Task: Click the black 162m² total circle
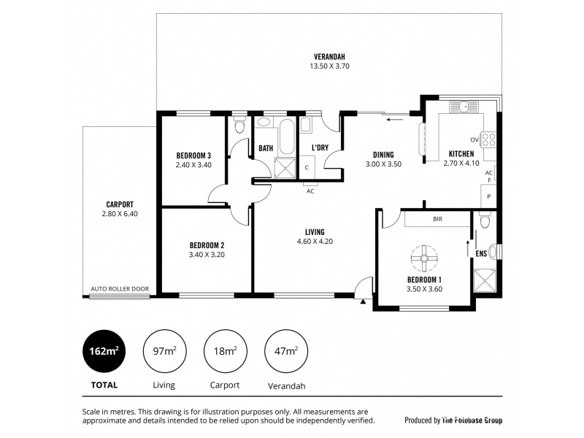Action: pyautogui.click(x=102, y=352)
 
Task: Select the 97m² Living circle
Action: pyautogui.click(x=164, y=352)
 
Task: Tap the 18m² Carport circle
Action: pyautogui.click(x=225, y=352)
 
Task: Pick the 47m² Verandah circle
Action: pyautogui.click(x=285, y=352)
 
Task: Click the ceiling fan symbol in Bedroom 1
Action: pyautogui.click(x=423, y=257)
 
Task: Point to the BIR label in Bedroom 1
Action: pyautogui.click(x=437, y=219)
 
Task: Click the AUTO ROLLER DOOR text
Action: pyautogui.click(x=120, y=289)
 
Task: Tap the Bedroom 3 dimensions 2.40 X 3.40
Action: pyautogui.click(x=193, y=165)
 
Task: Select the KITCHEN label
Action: pyautogui.click(x=461, y=154)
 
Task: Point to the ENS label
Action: pyautogui.click(x=481, y=254)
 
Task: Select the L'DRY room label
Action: pyautogui.click(x=320, y=148)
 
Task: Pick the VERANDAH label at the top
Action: pyautogui.click(x=328, y=56)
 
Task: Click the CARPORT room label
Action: pyautogui.click(x=119, y=204)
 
